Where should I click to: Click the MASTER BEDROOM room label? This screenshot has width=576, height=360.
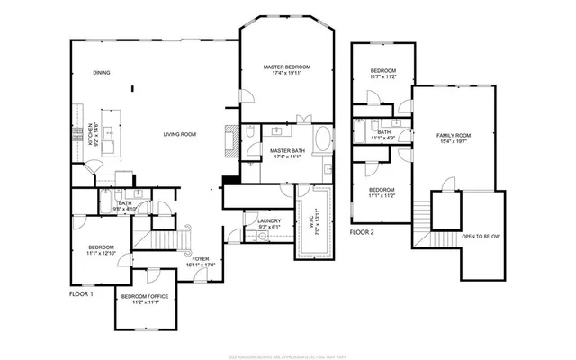(x=286, y=67)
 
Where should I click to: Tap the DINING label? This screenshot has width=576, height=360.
(x=101, y=73)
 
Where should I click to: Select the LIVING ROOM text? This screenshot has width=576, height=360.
(x=179, y=134)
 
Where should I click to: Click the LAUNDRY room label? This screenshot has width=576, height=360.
(x=268, y=220)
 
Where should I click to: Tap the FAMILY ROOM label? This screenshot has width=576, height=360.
(x=454, y=135)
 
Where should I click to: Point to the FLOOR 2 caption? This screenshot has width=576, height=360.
(x=362, y=231)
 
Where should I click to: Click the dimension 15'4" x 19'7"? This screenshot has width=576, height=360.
(x=454, y=142)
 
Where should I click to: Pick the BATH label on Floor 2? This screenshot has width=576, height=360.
(x=383, y=132)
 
